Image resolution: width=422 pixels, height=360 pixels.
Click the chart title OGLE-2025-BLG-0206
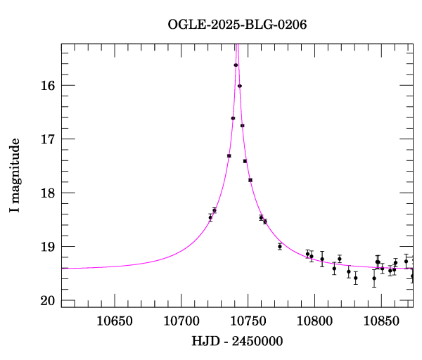[237, 24]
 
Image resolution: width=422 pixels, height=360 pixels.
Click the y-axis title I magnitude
[15, 176]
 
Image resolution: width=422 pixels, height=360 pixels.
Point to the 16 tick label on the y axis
[48, 86]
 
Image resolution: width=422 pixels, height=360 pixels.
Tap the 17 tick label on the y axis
[48, 139]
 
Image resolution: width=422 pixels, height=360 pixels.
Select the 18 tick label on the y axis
[48, 193]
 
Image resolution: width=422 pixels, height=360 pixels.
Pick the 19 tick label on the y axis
[48, 247]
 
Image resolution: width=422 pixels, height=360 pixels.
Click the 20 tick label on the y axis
[48, 301]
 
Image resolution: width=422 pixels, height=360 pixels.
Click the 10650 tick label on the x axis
[115, 321]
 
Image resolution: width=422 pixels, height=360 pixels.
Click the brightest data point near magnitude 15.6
[236, 65]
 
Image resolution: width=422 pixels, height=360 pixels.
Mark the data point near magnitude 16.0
[240, 86]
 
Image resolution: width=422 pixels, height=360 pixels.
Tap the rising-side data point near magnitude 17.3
[229, 155]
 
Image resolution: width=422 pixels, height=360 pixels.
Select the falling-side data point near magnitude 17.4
[245, 161]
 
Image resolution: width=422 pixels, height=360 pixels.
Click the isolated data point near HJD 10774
[280, 246]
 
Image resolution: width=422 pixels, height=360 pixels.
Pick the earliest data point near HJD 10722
[210, 218]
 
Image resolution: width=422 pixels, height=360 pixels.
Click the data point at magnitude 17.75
[250, 180]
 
